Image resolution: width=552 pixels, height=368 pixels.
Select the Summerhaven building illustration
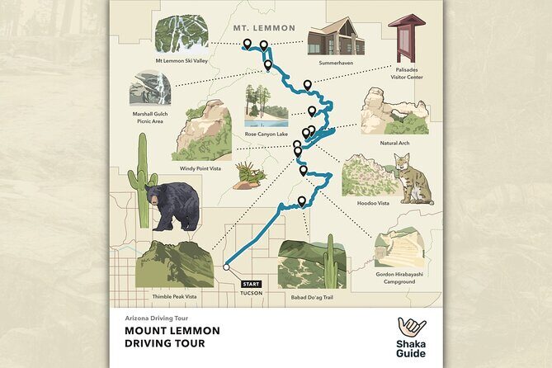330,36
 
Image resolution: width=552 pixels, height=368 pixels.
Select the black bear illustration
171,205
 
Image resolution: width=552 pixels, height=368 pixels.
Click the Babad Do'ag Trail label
310,296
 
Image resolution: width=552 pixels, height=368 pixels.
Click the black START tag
252,284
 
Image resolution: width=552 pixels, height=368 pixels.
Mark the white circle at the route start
226,267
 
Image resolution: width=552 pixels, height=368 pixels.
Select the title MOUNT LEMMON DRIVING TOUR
172,337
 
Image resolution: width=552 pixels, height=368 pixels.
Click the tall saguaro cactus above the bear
143,177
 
